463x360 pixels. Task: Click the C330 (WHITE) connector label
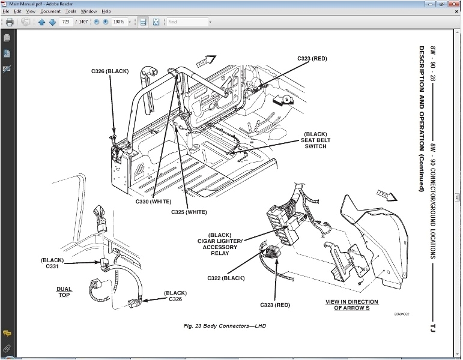point(153,202)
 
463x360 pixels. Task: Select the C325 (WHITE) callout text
point(189,212)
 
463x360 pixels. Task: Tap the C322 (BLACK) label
point(226,278)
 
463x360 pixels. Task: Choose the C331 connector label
point(52,263)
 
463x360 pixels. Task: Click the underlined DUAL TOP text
point(64,292)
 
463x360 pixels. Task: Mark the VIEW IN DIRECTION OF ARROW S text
point(351,305)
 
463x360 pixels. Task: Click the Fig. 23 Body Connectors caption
point(224,326)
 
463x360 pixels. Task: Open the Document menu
point(50,11)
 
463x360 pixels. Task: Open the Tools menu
point(71,11)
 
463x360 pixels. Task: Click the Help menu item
point(106,11)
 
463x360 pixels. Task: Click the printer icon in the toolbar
point(10,22)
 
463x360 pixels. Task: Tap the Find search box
point(187,22)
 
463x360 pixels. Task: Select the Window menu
point(89,11)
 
